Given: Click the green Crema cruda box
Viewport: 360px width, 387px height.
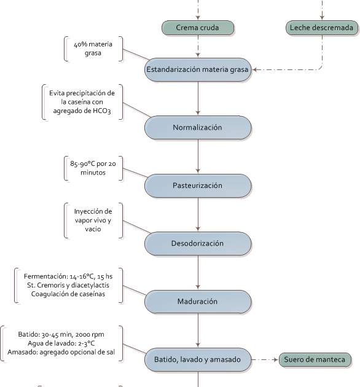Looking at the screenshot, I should pos(198,28).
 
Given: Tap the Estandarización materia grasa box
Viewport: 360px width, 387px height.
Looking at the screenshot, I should pos(198,70).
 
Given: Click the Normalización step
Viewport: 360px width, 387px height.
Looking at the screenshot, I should pos(198,127).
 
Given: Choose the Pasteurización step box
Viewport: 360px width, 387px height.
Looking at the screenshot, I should pos(198,185).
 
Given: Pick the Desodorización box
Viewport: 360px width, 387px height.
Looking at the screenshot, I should pos(198,243).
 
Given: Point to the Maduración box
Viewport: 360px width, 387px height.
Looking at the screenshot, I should pos(198,302).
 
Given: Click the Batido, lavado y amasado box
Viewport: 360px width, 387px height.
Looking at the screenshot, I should pos(198,359).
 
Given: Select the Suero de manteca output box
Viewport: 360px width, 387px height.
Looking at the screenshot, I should pos(316,359).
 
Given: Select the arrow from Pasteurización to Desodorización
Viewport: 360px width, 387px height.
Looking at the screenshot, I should pos(198,214).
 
